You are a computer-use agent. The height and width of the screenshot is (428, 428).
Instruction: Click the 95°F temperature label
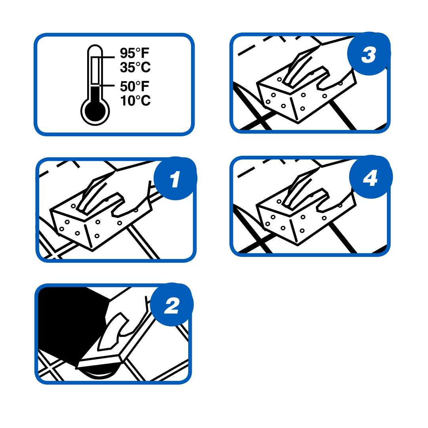135,53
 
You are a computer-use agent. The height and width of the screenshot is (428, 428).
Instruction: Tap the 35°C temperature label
136,67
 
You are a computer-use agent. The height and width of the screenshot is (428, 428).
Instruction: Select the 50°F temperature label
135,86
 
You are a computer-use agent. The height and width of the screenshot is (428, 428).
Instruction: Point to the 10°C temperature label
136,100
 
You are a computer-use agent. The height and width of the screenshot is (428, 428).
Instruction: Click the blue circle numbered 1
175,179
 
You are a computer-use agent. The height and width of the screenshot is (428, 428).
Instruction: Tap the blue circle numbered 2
172,305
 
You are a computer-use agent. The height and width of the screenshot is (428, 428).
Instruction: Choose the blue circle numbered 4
371,178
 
